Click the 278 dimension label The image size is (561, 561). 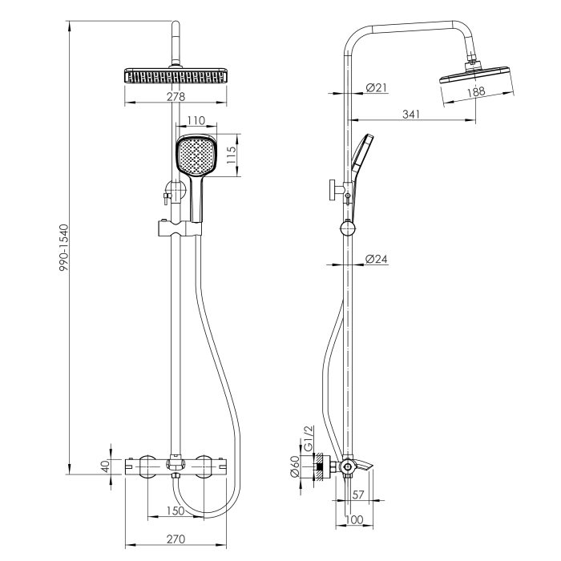pos(176,97)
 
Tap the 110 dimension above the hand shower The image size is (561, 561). pos(196,120)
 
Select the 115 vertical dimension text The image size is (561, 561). pos(232,155)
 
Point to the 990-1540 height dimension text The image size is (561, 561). pos(63,248)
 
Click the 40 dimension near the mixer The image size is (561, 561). pos(106,466)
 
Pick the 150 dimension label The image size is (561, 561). pos(176,511)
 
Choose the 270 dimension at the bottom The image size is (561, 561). pos(176,539)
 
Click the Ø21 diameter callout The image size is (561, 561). pos(377,87)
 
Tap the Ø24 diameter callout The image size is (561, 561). pos(377,259)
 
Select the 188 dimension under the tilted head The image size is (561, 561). pos(476,91)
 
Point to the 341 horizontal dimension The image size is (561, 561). pos(411,114)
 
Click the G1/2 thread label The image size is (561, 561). pos(308,438)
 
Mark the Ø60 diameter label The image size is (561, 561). pos(294,466)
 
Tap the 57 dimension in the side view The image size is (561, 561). pos(358,494)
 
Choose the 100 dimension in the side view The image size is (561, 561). pos(354,519)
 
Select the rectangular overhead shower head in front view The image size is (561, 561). pos(176,76)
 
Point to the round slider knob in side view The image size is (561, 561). pos(347,228)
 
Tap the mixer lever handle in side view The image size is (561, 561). pos(364,464)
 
